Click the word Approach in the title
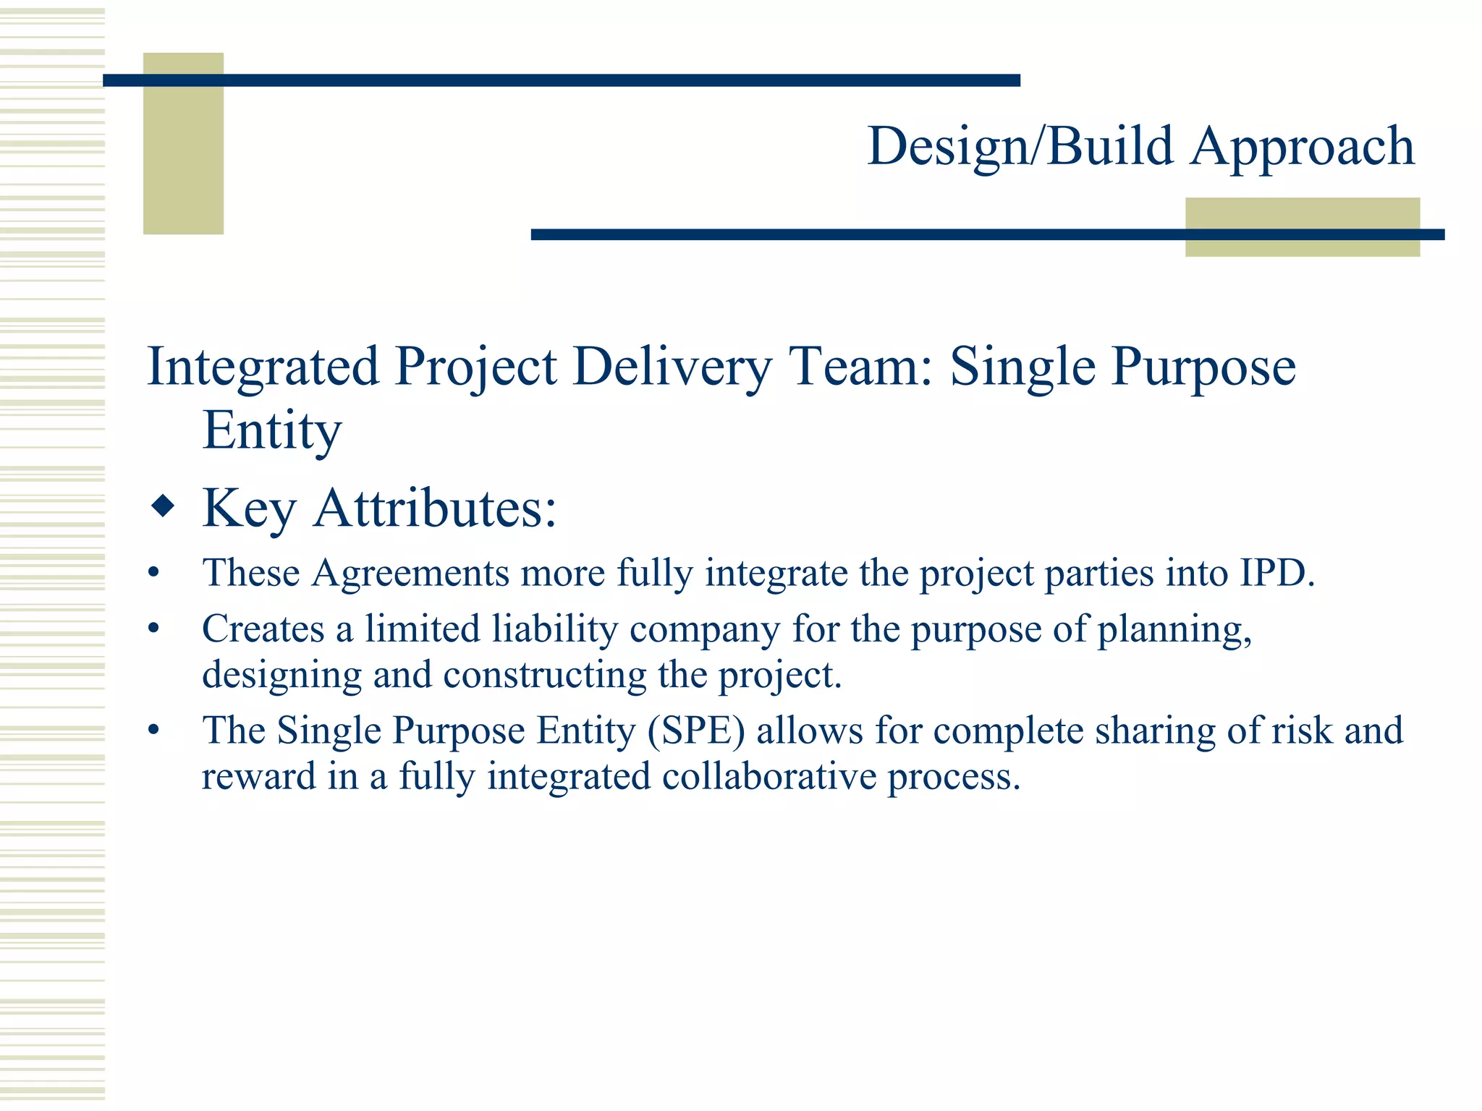pos(1302,147)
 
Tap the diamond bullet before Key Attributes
pos(163,506)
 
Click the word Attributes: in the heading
pos(435,508)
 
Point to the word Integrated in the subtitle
pos(263,367)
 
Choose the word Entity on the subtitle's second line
pos(271,430)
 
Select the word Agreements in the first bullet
pos(410,573)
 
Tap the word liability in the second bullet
pos(554,629)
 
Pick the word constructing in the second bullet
pos(544,675)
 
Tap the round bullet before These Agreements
pos(153,574)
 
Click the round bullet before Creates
pos(153,629)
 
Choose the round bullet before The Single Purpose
pos(153,731)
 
